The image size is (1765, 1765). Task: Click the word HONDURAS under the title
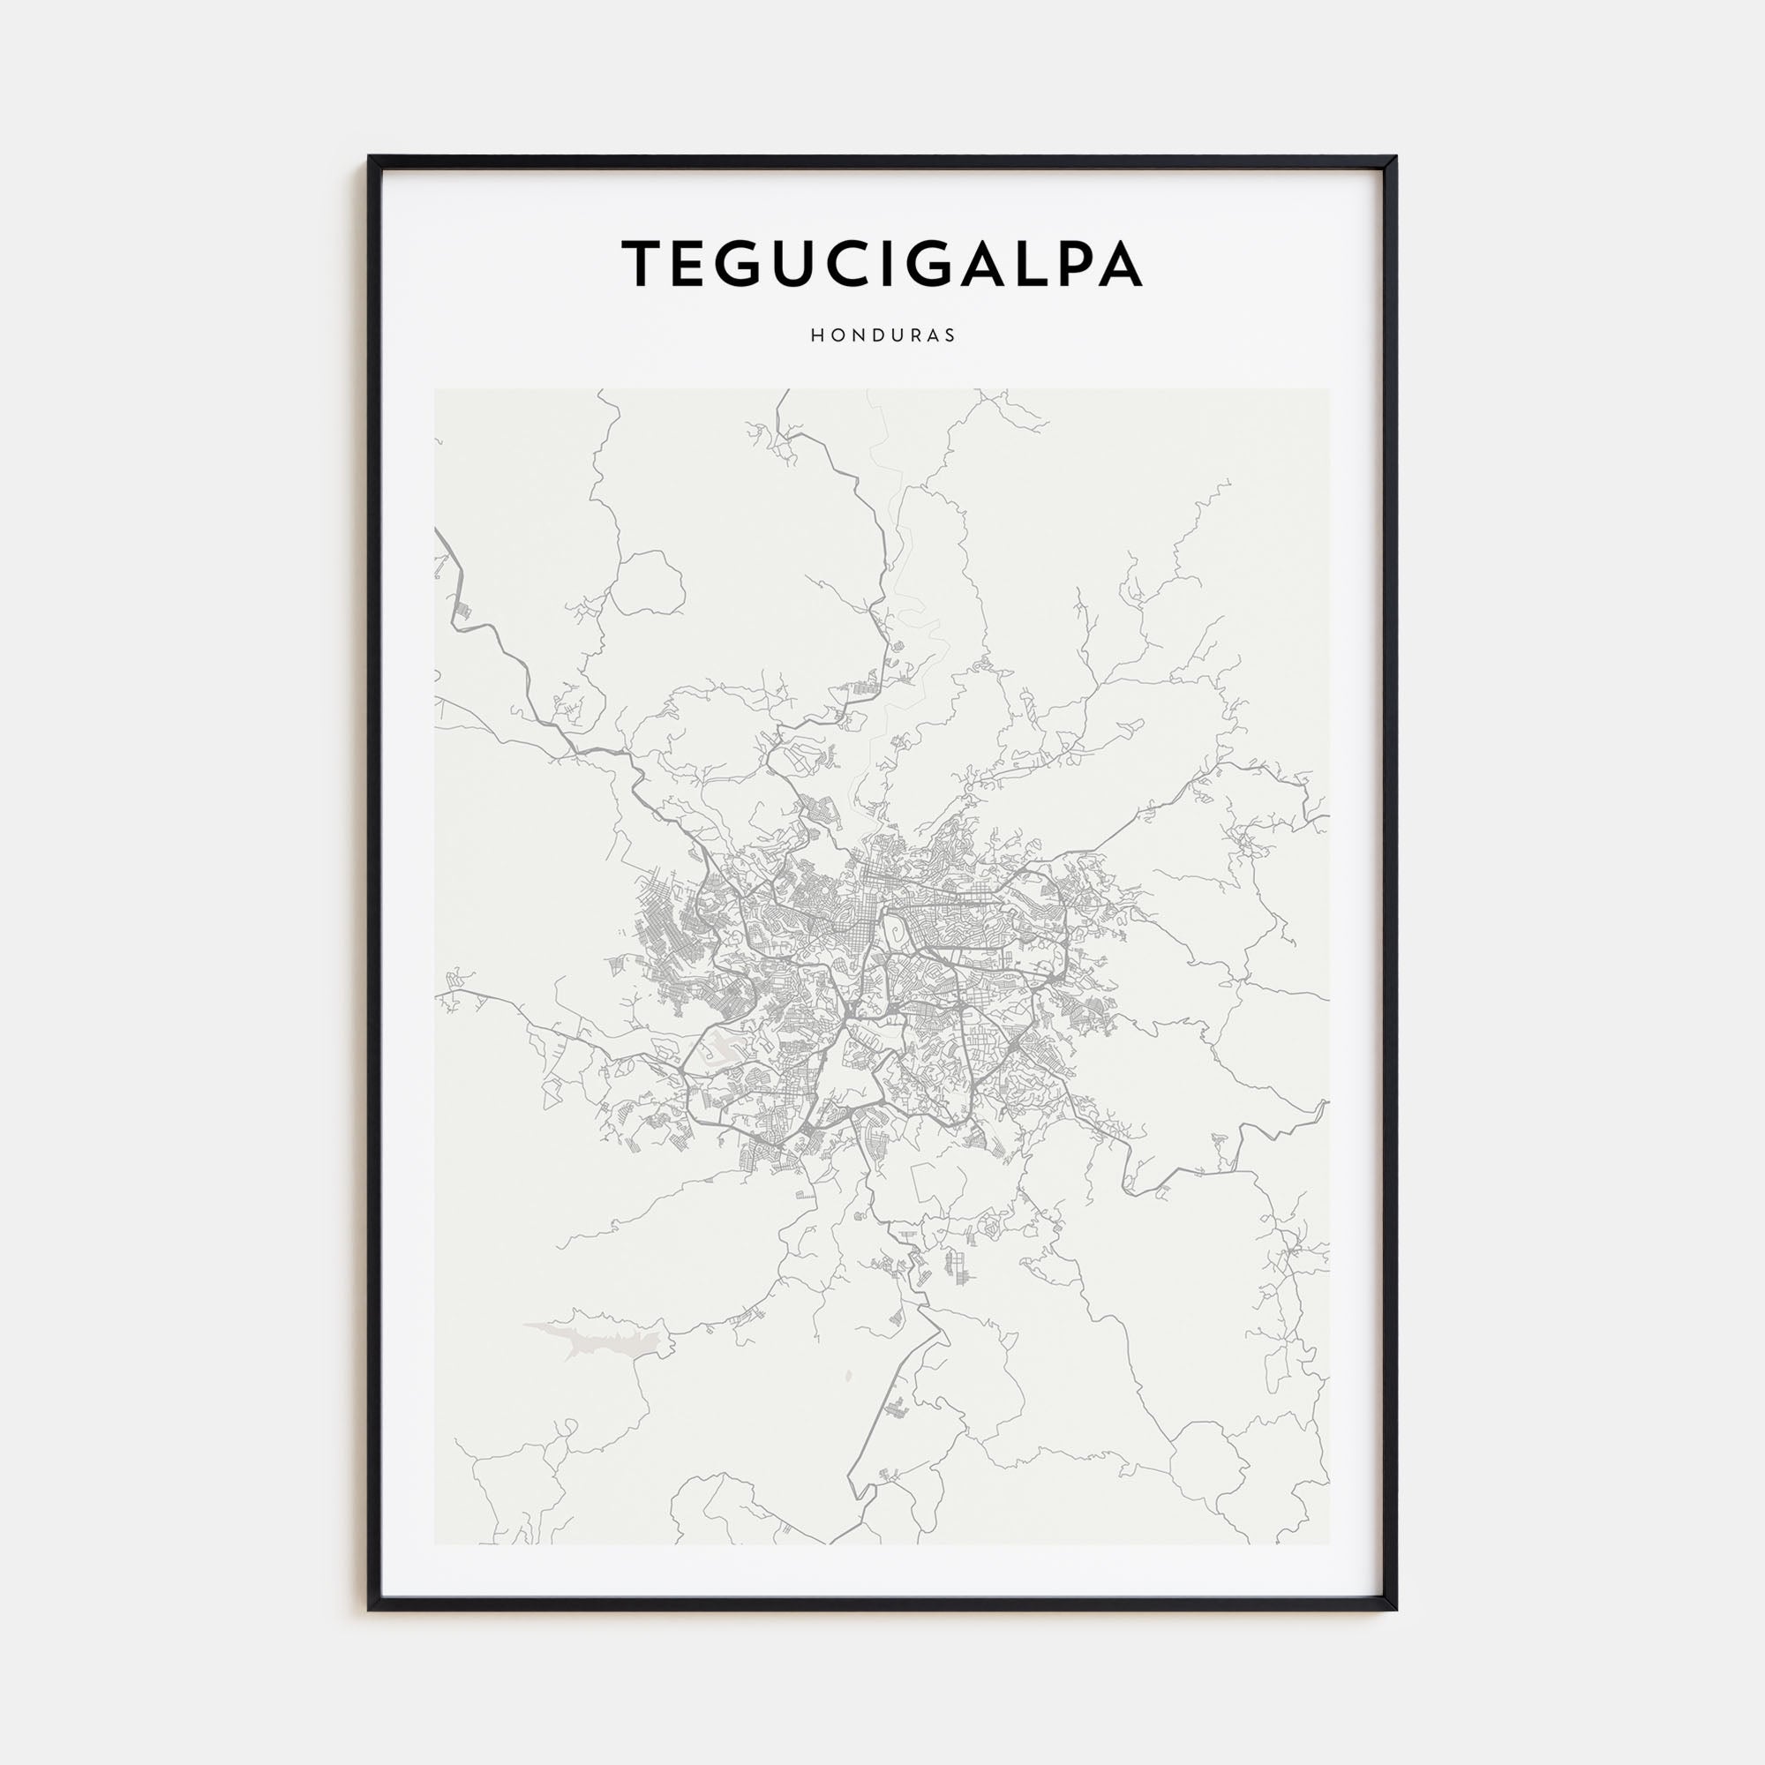coord(882,335)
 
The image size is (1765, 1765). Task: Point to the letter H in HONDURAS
coord(815,335)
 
